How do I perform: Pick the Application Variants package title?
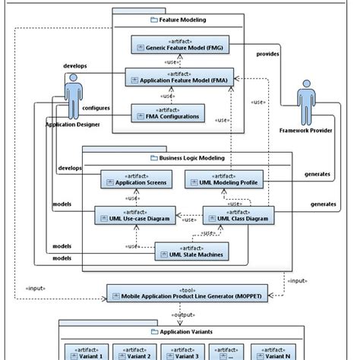point(182,331)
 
